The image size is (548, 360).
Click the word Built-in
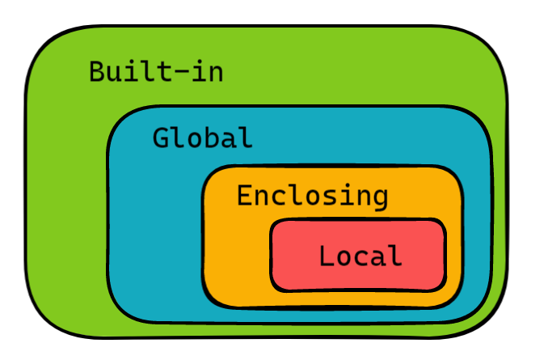click(156, 72)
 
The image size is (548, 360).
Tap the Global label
click(203, 138)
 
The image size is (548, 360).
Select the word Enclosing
click(312, 195)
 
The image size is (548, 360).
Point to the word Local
click(360, 256)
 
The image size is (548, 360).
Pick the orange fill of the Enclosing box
click(234, 259)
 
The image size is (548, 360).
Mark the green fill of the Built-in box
click(65, 202)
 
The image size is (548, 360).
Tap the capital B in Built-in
click(97, 72)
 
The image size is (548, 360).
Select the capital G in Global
click(162, 138)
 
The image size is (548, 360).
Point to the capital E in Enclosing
click(245, 195)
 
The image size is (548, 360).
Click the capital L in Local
click(327, 256)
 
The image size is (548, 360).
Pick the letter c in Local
click(360, 257)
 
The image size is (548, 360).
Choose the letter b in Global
click(212, 138)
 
